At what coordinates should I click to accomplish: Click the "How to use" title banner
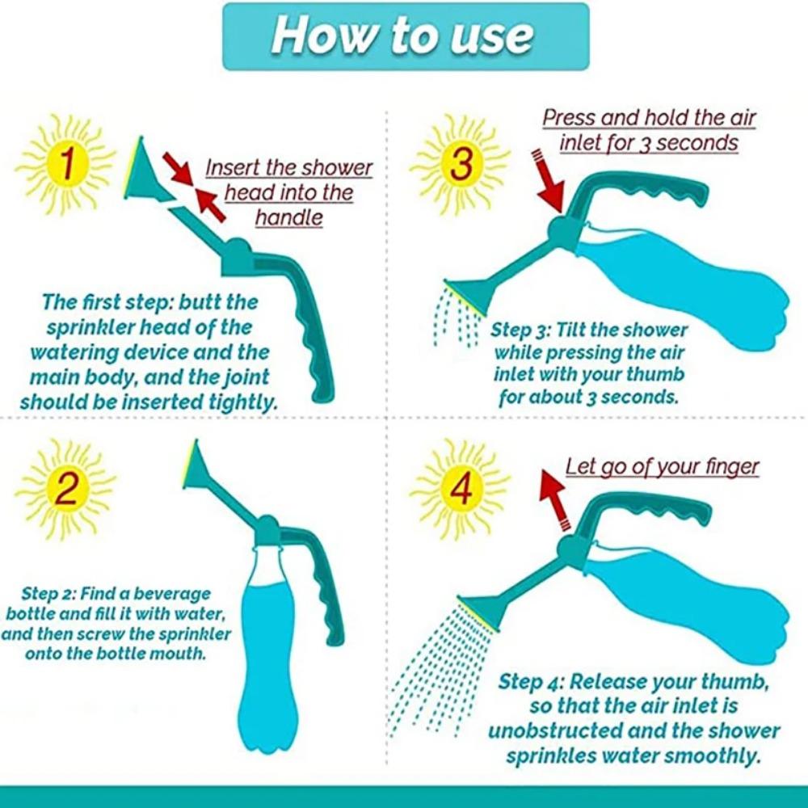(x=405, y=36)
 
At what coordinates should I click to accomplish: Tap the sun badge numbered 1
(x=65, y=166)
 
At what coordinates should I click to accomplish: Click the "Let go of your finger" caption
(x=662, y=466)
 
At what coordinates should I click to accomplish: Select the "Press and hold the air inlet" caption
(x=649, y=130)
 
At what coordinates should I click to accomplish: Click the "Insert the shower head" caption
(x=288, y=192)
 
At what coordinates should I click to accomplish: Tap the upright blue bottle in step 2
(x=266, y=638)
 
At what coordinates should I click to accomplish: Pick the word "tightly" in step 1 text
(x=238, y=402)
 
